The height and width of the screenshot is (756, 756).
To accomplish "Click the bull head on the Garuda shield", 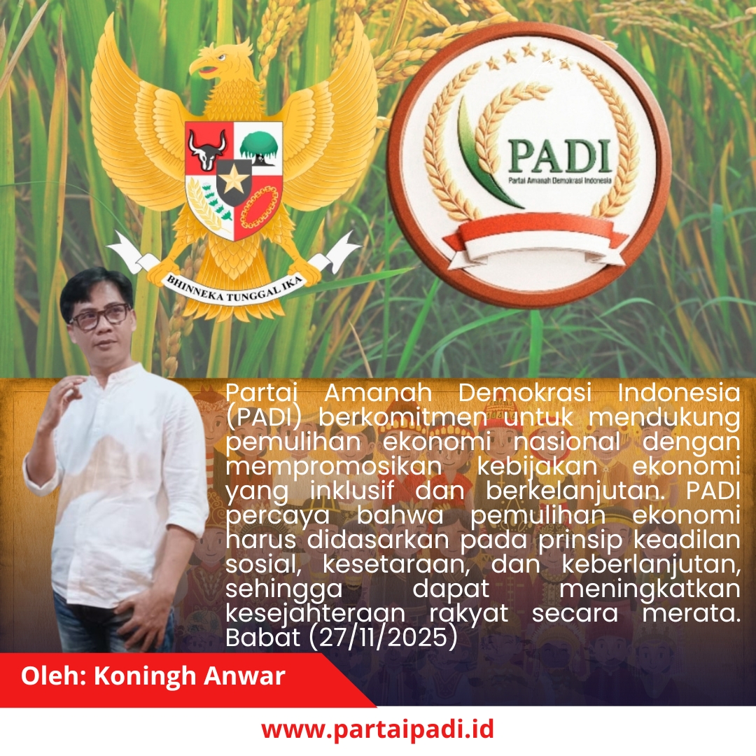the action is [208, 148].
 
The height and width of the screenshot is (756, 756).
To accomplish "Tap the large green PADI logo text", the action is [559, 156].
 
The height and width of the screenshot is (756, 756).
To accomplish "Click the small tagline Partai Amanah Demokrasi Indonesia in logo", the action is [560, 181].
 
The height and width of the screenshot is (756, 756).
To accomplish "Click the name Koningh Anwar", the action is [189, 676].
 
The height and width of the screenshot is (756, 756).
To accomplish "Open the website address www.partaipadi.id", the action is [378, 729].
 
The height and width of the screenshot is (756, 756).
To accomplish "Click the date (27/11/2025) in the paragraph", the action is [382, 638].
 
